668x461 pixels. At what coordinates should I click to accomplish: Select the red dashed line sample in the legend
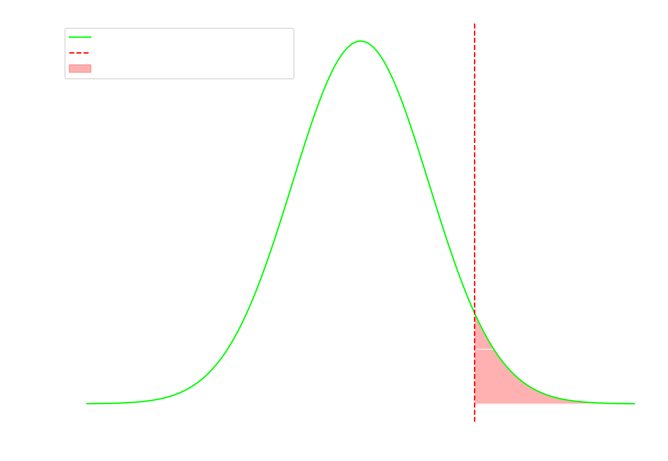point(80,53)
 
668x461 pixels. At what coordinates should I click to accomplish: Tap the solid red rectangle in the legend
point(80,69)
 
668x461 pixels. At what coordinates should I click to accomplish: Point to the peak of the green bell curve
point(361,41)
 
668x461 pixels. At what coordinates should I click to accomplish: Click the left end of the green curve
point(87,404)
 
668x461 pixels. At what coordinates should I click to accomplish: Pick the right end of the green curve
point(635,404)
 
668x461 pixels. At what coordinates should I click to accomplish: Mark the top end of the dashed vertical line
point(475,24)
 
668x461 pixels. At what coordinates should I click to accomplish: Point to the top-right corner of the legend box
point(294,29)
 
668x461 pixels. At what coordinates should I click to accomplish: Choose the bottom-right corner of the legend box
point(294,78)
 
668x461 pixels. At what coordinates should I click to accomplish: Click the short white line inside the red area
point(484,349)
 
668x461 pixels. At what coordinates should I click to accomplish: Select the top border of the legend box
point(179,28)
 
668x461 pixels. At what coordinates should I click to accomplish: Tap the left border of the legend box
point(65,53)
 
